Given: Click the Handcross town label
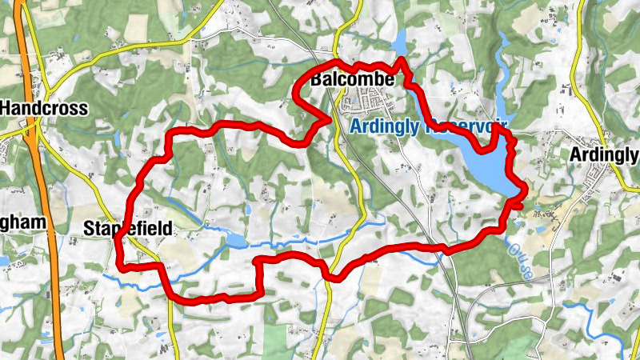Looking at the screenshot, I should pos(44,108).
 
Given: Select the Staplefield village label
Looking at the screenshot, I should pos(127,230).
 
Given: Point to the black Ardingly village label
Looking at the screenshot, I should pos(605,154).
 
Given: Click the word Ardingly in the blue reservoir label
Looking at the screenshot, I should pos(386,126).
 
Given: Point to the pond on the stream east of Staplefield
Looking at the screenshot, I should pos(235,240).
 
